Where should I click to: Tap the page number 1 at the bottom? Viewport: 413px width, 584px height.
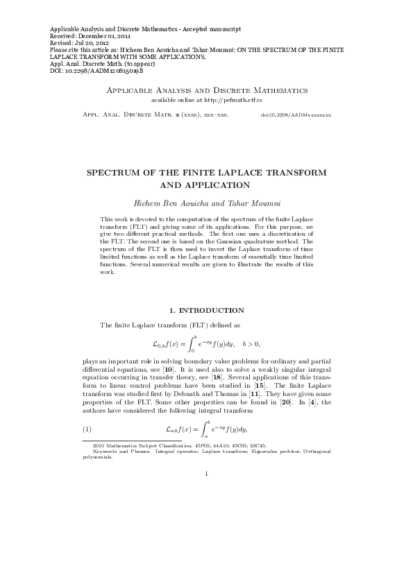point(206,474)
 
